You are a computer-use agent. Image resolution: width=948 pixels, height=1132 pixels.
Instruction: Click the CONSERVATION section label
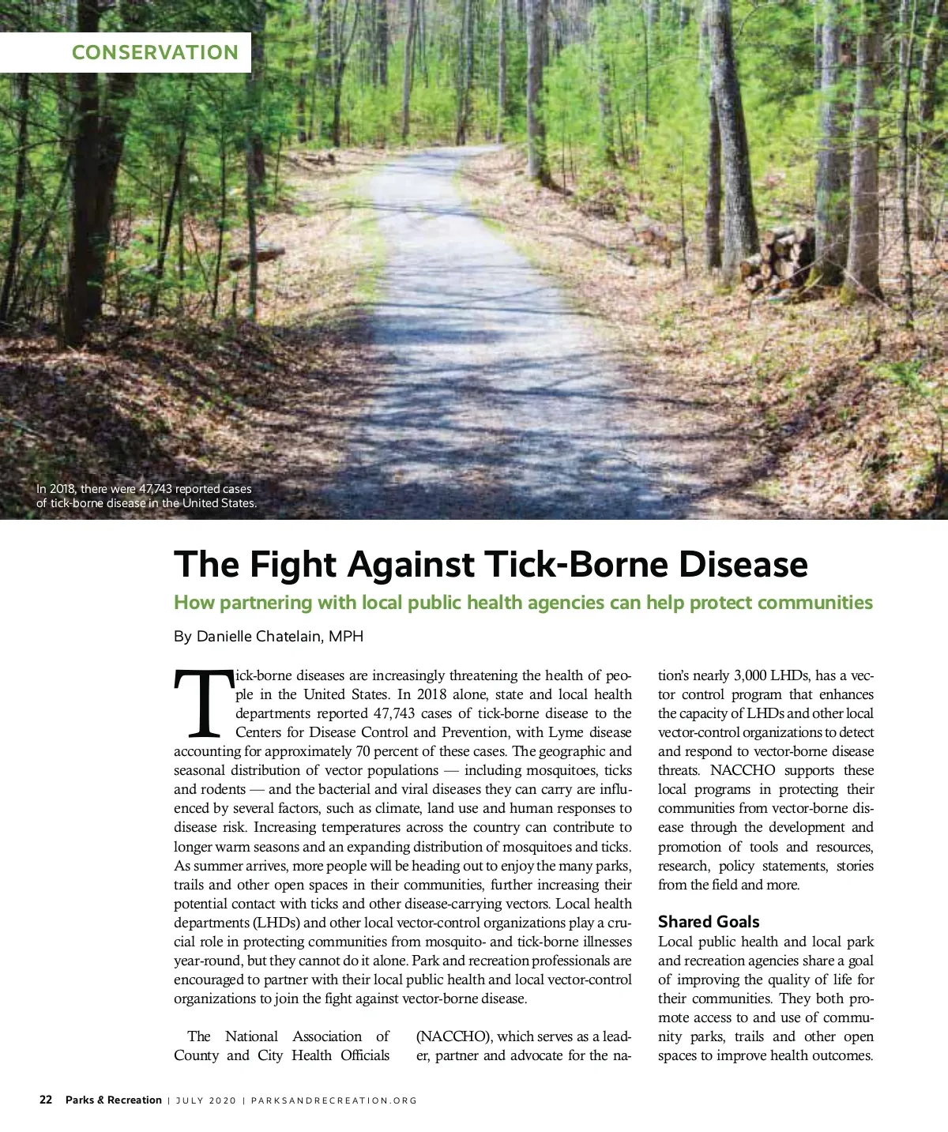click(155, 53)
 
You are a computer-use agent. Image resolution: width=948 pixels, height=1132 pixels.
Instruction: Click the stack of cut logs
click(778, 258)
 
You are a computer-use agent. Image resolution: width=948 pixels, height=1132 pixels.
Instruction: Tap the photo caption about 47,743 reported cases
click(146, 496)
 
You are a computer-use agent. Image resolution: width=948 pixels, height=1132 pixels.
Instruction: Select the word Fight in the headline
click(295, 565)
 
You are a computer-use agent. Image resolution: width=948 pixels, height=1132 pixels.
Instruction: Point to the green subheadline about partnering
click(523, 603)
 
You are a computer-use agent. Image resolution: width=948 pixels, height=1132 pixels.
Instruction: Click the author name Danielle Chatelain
click(259, 637)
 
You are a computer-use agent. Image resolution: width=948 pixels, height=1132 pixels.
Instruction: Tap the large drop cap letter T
click(203, 703)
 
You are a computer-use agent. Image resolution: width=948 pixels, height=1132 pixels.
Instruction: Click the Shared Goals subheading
click(708, 922)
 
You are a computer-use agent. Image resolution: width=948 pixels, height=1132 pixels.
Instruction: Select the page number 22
click(46, 1100)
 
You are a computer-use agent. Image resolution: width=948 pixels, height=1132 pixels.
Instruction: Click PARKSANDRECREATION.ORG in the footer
click(333, 1100)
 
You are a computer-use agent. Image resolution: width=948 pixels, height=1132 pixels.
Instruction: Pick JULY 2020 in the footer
click(205, 1100)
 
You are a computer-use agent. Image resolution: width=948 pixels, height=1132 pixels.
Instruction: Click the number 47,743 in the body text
click(394, 713)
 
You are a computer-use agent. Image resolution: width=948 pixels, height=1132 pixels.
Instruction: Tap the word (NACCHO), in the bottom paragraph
click(454, 1036)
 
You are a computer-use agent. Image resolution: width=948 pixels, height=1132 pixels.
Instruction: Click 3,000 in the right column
click(750, 675)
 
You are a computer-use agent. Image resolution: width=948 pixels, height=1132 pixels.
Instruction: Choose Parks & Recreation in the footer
click(113, 1100)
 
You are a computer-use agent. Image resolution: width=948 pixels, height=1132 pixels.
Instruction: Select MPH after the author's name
click(346, 637)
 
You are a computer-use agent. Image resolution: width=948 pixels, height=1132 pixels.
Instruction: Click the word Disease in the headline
click(743, 565)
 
